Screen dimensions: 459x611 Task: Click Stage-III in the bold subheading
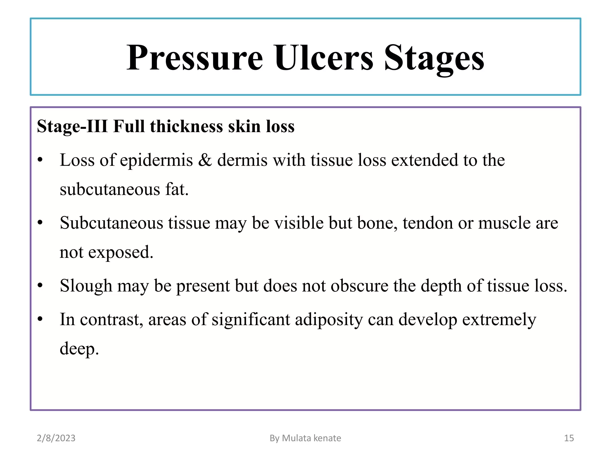(72, 126)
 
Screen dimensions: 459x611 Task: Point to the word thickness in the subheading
(186, 126)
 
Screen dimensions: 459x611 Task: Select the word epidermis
(157, 160)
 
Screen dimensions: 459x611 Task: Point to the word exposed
(121, 253)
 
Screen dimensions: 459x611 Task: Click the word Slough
(86, 286)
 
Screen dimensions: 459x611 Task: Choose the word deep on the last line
(79, 349)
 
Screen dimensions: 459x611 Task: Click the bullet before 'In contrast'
(40, 319)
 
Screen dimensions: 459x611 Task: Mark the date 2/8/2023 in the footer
(56, 438)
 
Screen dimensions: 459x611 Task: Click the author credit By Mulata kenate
(305, 438)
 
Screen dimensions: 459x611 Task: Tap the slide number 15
(569, 438)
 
